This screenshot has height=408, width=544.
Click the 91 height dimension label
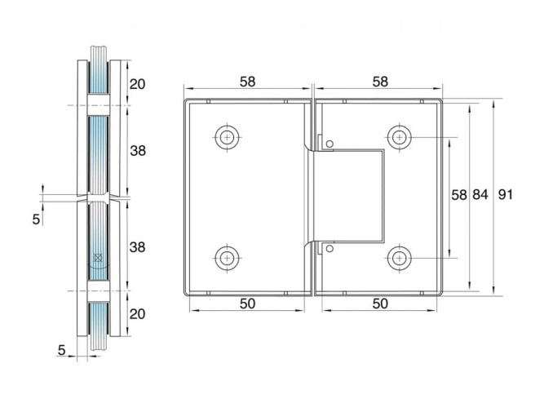505,194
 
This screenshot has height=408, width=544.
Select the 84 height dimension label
480,194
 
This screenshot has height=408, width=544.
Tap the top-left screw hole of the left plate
228,137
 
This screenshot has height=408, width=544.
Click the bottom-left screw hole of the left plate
228,258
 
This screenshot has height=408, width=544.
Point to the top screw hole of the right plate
400,137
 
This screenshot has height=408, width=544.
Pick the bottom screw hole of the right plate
400,258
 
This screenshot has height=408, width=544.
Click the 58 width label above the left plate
247,82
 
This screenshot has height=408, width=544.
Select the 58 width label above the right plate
380,82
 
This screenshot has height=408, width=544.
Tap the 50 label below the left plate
247,304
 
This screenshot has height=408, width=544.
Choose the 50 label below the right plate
380,304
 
